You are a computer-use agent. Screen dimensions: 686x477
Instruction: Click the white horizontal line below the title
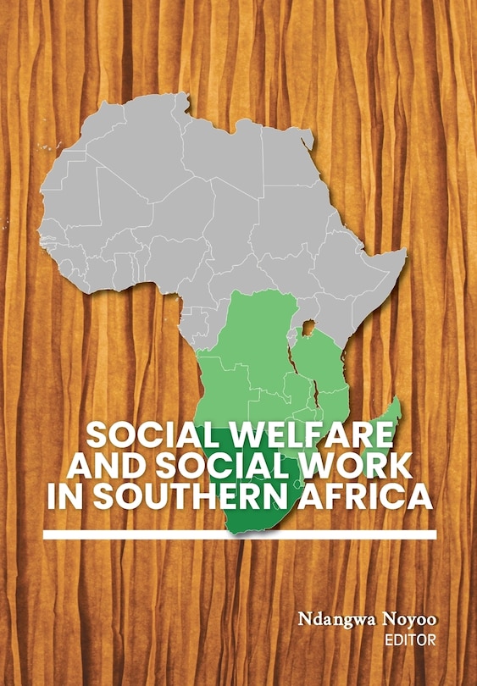point(240,534)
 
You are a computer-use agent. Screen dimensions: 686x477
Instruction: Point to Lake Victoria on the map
point(309,327)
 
